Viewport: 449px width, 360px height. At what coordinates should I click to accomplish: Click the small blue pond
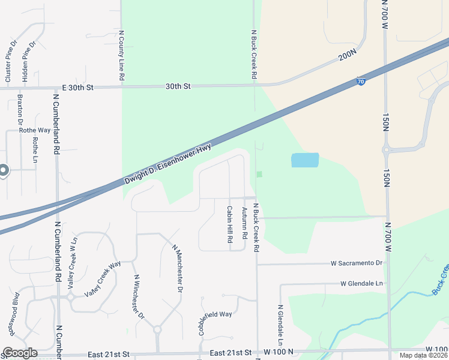point(305,160)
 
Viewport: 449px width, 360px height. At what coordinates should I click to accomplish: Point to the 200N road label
point(347,56)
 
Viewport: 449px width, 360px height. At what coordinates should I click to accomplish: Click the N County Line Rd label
point(121,56)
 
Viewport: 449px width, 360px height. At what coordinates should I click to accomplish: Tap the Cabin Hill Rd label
point(229,224)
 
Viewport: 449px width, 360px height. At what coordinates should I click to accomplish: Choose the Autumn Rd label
point(244,223)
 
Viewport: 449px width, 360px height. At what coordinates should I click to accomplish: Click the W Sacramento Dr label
point(357,263)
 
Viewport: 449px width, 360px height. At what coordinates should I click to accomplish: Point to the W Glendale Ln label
point(361,284)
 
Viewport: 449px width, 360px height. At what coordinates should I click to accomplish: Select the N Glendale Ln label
point(280,323)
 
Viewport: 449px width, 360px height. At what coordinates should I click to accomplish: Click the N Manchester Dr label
point(177,268)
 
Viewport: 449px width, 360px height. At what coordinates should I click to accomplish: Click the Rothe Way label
point(35,130)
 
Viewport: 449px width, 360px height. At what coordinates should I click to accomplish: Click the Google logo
point(20,353)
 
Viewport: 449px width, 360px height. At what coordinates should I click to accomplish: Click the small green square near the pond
point(259,175)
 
